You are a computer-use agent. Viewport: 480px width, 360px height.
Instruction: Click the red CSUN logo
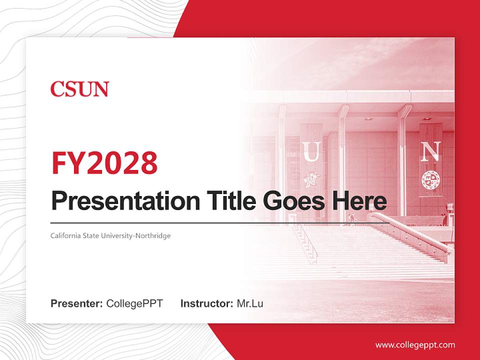coord(79,89)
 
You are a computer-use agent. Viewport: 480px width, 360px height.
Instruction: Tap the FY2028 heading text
coord(104,163)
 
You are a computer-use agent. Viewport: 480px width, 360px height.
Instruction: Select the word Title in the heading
coord(223,200)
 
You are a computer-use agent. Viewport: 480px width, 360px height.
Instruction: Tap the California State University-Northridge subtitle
coord(110,235)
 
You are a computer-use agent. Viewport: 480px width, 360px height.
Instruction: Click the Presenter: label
coord(77,303)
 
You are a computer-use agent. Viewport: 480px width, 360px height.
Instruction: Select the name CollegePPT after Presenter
coord(134,303)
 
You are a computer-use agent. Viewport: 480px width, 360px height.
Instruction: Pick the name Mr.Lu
coord(250,303)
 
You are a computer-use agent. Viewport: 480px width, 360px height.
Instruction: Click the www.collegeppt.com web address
coord(415,344)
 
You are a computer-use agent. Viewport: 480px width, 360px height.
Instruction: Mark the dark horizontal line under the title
coord(220,222)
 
